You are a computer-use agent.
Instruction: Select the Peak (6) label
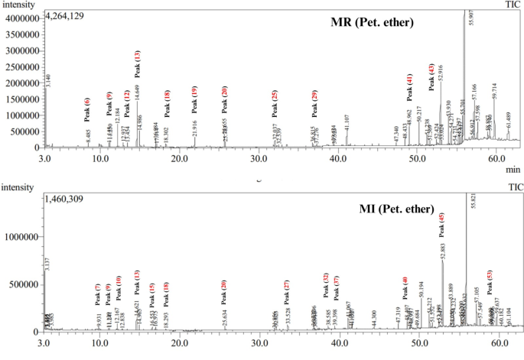[87, 109]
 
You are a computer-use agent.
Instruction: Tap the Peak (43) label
[431, 77]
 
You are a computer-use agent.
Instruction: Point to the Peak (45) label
[441, 226]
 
